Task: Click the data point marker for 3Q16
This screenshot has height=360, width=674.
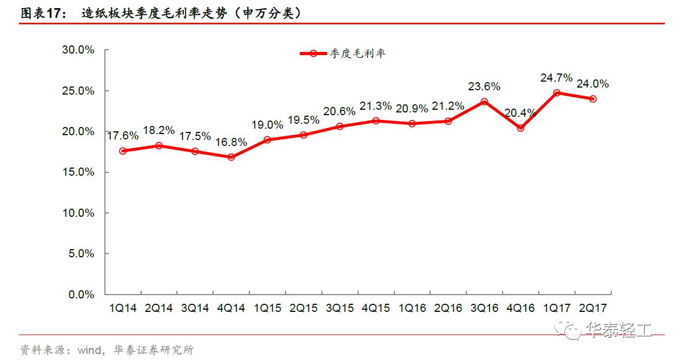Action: click(x=484, y=102)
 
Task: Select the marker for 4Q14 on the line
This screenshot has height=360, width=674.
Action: click(x=232, y=157)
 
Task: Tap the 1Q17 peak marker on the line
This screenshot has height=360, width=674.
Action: click(x=557, y=92)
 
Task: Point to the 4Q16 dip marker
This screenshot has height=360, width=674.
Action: click(x=520, y=128)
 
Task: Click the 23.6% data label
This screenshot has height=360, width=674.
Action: click(x=484, y=86)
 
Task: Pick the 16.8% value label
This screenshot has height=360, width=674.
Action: click(x=232, y=143)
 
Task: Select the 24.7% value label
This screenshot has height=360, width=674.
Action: click(x=557, y=78)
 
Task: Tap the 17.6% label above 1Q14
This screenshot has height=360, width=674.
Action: click(x=123, y=136)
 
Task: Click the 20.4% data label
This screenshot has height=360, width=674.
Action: click(x=520, y=113)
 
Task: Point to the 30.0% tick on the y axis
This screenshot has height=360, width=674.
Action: click(x=78, y=50)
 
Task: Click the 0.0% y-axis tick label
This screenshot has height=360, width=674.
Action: click(x=81, y=295)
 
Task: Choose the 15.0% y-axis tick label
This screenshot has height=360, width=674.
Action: click(x=78, y=172)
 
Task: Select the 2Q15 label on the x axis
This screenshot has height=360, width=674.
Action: click(x=303, y=308)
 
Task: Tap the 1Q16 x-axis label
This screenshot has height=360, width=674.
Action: click(x=412, y=308)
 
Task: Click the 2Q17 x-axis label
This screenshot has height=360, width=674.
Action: click(x=593, y=308)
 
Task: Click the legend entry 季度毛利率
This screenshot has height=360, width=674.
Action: click(x=357, y=54)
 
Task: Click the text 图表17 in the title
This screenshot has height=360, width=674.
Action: click(x=39, y=13)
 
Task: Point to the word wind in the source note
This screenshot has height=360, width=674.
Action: click(x=88, y=350)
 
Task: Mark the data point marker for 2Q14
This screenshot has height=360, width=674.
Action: click(x=159, y=145)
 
